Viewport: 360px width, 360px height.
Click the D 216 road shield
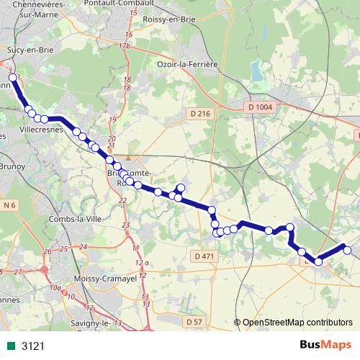(200, 114)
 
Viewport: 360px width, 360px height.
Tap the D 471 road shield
(204, 256)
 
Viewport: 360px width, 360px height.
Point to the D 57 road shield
(192, 322)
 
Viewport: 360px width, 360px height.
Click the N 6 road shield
(9, 205)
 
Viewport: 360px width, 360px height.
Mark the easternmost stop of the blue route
(347, 250)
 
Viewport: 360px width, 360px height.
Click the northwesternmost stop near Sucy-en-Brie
(12, 78)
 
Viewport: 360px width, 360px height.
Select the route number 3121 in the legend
(33, 346)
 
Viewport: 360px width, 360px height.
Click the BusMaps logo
(325, 346)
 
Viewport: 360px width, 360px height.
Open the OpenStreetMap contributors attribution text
(297, 323)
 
